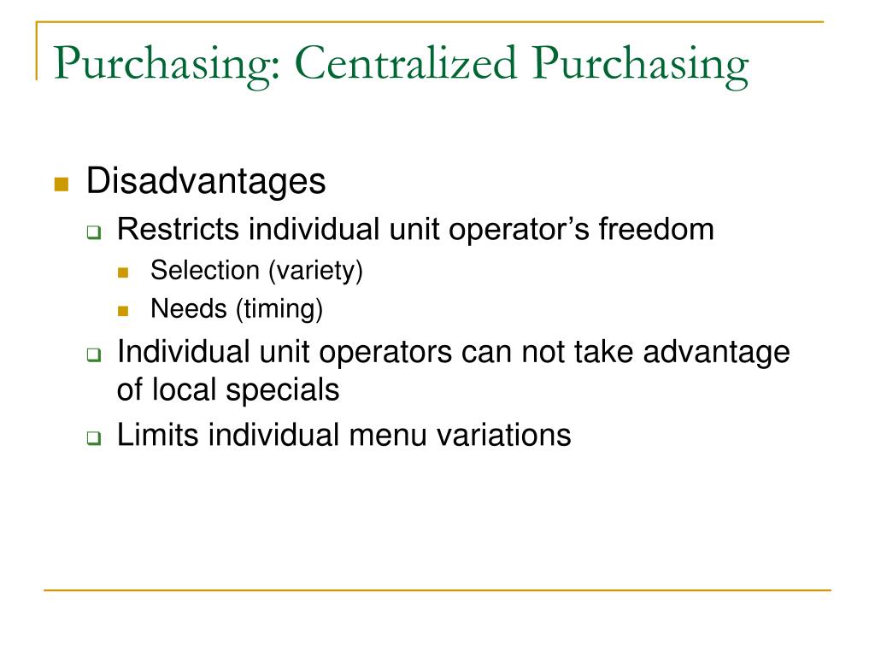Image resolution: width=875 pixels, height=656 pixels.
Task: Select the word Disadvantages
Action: click(x=206, y=182)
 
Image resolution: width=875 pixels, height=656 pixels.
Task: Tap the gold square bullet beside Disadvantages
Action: click(x=60, y=184)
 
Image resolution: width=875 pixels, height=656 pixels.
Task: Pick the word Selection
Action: click(x=204, y=271)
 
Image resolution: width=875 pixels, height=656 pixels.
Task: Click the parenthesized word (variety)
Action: click(x=315, y=272)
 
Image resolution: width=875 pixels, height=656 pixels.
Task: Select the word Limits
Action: click(x=158, y=435)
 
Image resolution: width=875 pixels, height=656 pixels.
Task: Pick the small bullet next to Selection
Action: click(x=123, y=273)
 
